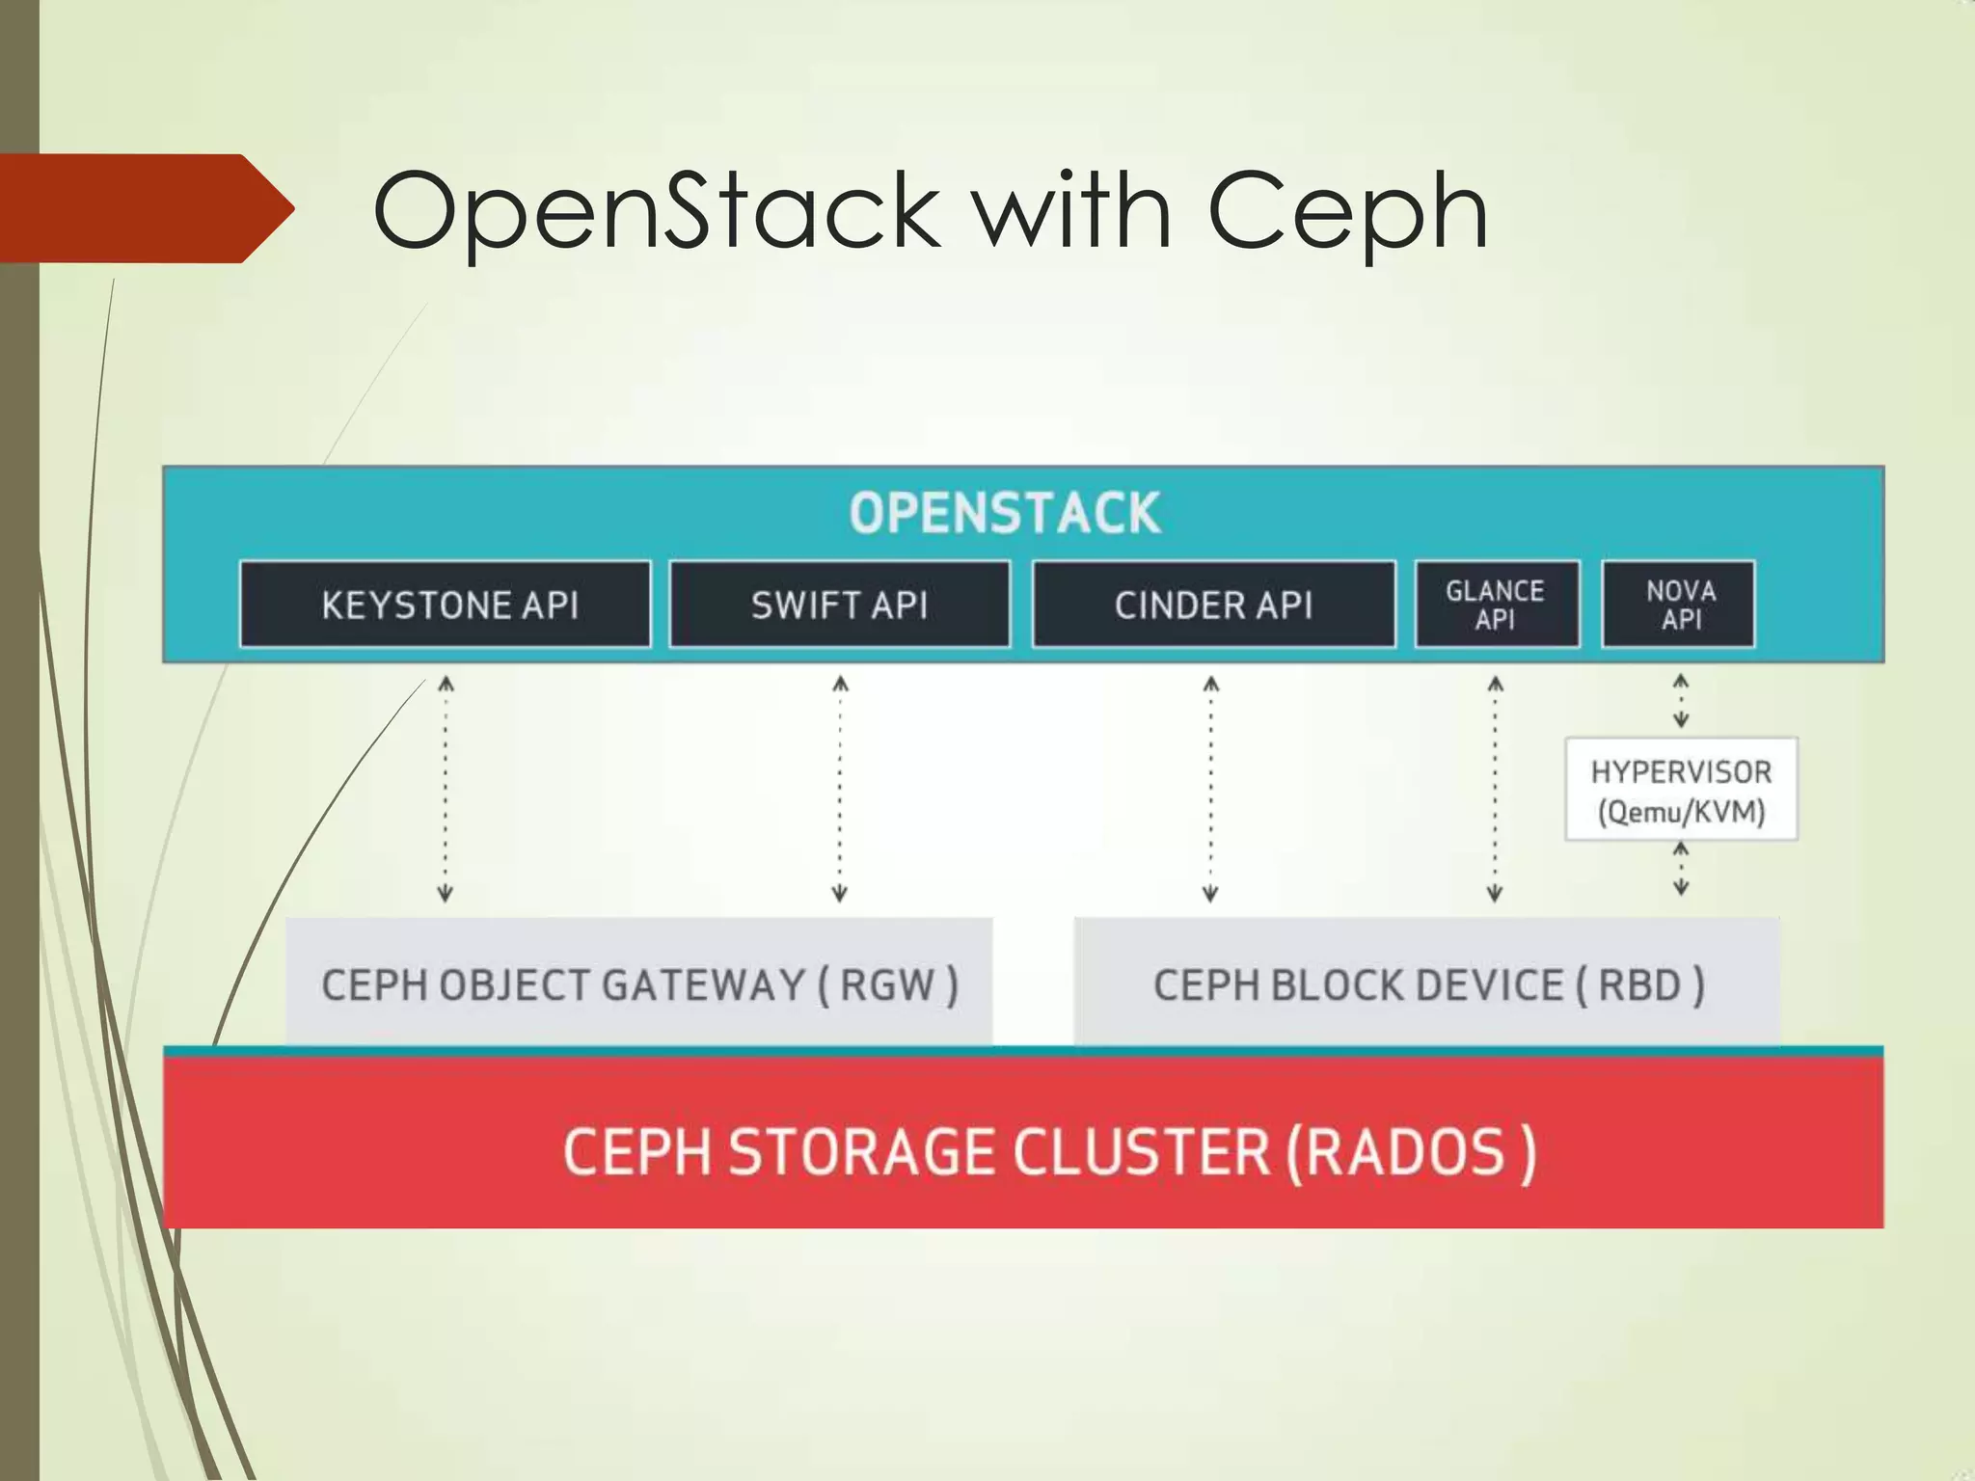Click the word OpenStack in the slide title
[x=656, y=210]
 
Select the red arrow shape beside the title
[x=145, y=208]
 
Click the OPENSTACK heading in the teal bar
[x=1004, y=513]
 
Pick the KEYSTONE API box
[x=446, y=605]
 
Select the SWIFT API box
[x=839, y=605]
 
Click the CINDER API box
[x=1213, y=605]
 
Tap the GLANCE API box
[x=1496, y=605]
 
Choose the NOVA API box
[x=1679, y=605]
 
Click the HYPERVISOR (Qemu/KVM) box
[x=1681, y=790]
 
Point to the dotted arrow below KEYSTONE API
[x=446, y=789]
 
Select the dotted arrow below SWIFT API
[x=840, y=789]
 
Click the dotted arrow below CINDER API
[x=1211, y=789]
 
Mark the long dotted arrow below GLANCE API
[x=1495, y=789]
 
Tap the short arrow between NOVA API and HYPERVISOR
[x=1681, y=701]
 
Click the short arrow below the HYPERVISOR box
[x=1681, y=869]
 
